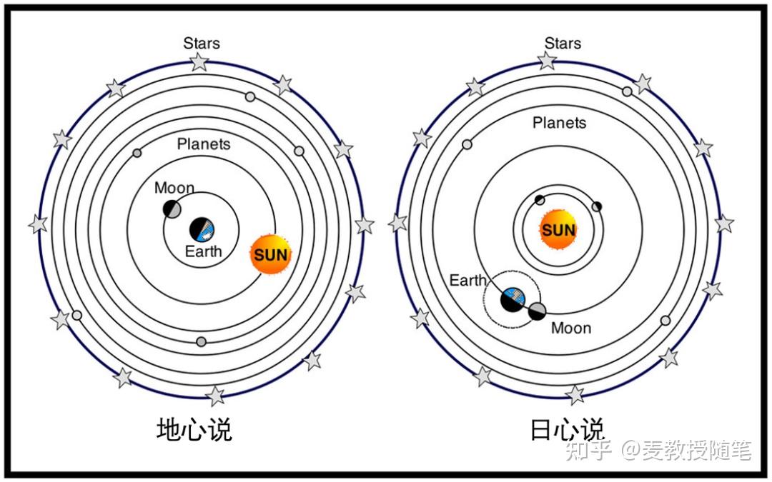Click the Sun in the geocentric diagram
[x=271, y=254]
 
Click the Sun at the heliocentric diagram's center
[x=558, y=229]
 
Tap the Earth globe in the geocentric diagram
[x=202, y=230]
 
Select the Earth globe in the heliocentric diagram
[x=513, y=299]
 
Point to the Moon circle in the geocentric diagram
[x=172, y=209]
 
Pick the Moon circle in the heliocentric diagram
[x=537, y=311]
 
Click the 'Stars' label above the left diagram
[x=202, y=44]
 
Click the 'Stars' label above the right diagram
[x=563, y=44]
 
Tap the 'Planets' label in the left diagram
[x=204, y=144]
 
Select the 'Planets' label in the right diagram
[x=559, y=123]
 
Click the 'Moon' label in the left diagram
[x=174, y=188]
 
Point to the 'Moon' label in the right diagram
[x=571, y=328]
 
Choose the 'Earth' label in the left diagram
[x=203, y=251]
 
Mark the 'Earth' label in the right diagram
[x=467, y=281]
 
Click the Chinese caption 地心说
[x=194, y=429]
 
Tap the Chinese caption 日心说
[x=567, y=429]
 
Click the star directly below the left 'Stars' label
[x=199, y=62]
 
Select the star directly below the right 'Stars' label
[x=547, y=61]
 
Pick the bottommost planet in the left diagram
[x=201, y=341]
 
